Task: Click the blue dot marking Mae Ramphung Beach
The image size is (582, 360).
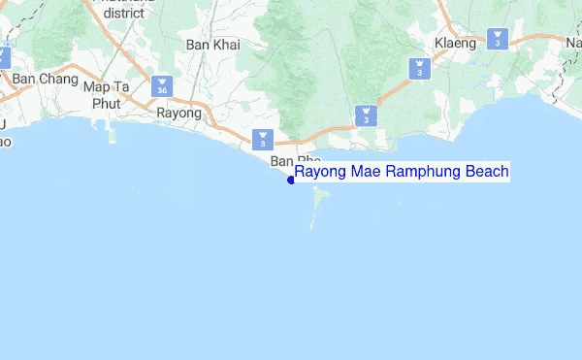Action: (x=291, y=179)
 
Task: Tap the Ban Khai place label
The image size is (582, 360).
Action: (x=212, y=45)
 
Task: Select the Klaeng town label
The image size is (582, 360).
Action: (x=455, y=44)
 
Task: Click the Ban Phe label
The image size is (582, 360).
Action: (x=295, y=160)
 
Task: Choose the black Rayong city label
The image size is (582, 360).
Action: (x=178, y=114)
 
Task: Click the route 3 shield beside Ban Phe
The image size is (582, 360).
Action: (x=262, y=139)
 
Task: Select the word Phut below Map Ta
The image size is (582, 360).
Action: (x=106, y=104)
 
